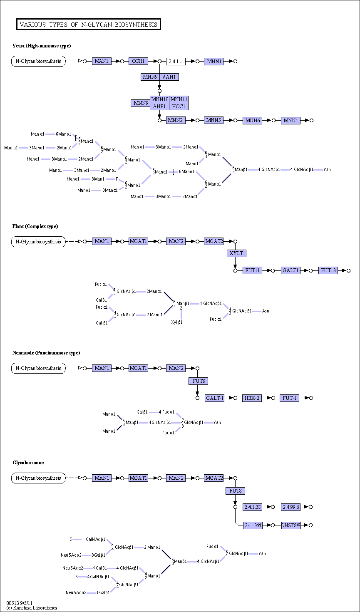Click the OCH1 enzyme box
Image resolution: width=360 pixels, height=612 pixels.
point(138,61)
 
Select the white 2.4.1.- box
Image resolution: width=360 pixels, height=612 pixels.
point(176,62)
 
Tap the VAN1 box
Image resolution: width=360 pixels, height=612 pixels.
point(169,77)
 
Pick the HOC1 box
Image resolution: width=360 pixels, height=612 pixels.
point(179,107)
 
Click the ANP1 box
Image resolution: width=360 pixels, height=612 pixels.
point(160,107)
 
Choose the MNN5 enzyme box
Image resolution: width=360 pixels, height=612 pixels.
point(214,120)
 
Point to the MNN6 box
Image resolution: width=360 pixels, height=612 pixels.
point(252,121)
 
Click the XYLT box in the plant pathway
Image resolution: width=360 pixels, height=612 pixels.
point(236,253)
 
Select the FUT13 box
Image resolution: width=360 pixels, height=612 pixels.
point(328,270)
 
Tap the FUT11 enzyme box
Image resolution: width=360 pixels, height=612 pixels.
point(252,270)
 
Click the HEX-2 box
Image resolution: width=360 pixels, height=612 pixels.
point(252,398)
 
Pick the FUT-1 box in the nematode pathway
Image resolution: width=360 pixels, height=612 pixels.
point(290,398)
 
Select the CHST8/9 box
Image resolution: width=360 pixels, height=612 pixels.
point(291,525)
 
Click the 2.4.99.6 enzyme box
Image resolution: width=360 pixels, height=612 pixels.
point(291,507)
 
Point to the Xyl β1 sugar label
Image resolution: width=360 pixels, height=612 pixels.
point(177,322)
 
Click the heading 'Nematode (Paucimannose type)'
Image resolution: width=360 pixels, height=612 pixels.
point(46,353)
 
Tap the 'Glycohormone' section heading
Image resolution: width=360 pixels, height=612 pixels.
point(28,463)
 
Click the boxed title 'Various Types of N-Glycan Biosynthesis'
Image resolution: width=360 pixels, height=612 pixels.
point(89,24)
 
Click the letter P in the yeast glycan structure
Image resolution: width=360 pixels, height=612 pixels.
point(117,179)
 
